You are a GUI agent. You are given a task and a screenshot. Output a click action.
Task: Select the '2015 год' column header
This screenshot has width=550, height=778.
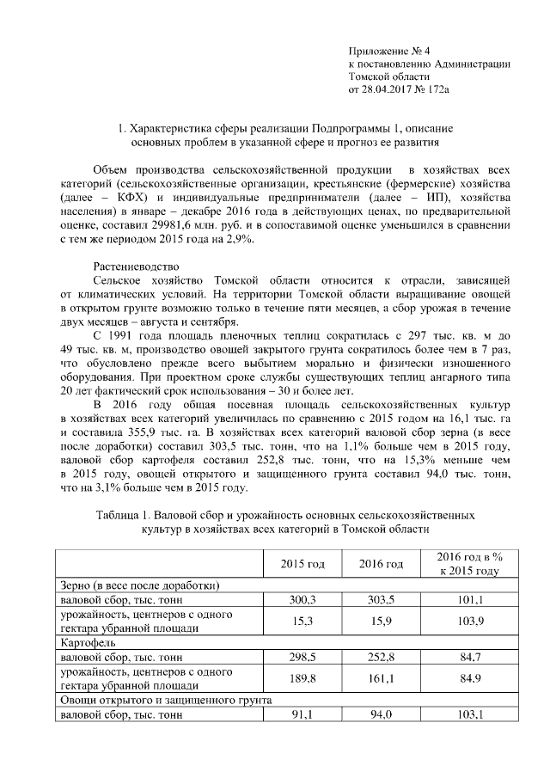(x=302, y=565)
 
